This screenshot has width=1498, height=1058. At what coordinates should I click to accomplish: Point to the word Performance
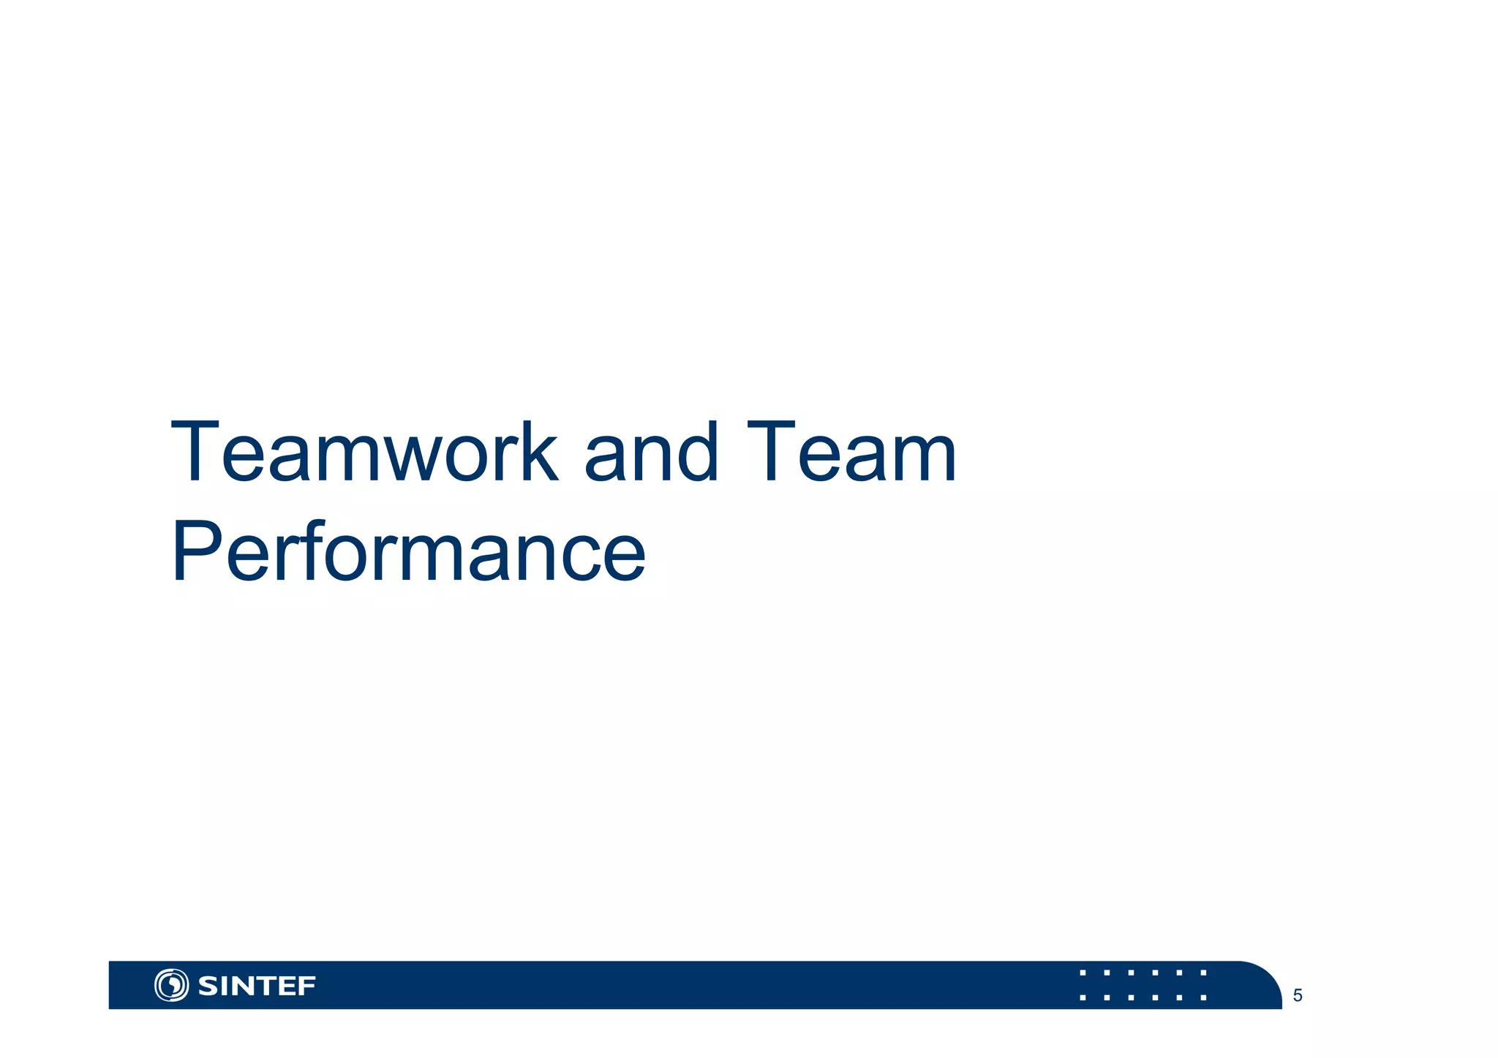(x=408, y=552)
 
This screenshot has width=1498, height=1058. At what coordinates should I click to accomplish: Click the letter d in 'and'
(x=699, y=453)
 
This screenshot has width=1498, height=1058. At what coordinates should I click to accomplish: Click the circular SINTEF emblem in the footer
(x=171, y=985)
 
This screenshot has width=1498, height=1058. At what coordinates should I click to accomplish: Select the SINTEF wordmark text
(x=257, y=986)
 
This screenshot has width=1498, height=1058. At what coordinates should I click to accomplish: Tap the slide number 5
(x=1298, y=996)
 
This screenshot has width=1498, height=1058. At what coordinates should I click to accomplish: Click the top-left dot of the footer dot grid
(x=1083, y=973)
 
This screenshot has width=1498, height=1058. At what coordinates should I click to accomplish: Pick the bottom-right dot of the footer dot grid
(x=1203, y=997)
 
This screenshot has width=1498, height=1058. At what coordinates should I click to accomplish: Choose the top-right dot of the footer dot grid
(x=1203, y=973)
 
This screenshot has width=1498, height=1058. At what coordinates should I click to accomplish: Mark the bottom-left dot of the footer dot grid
(x=1083, y=997)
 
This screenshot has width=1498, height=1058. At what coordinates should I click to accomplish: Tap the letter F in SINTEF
(x=308, y=986)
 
